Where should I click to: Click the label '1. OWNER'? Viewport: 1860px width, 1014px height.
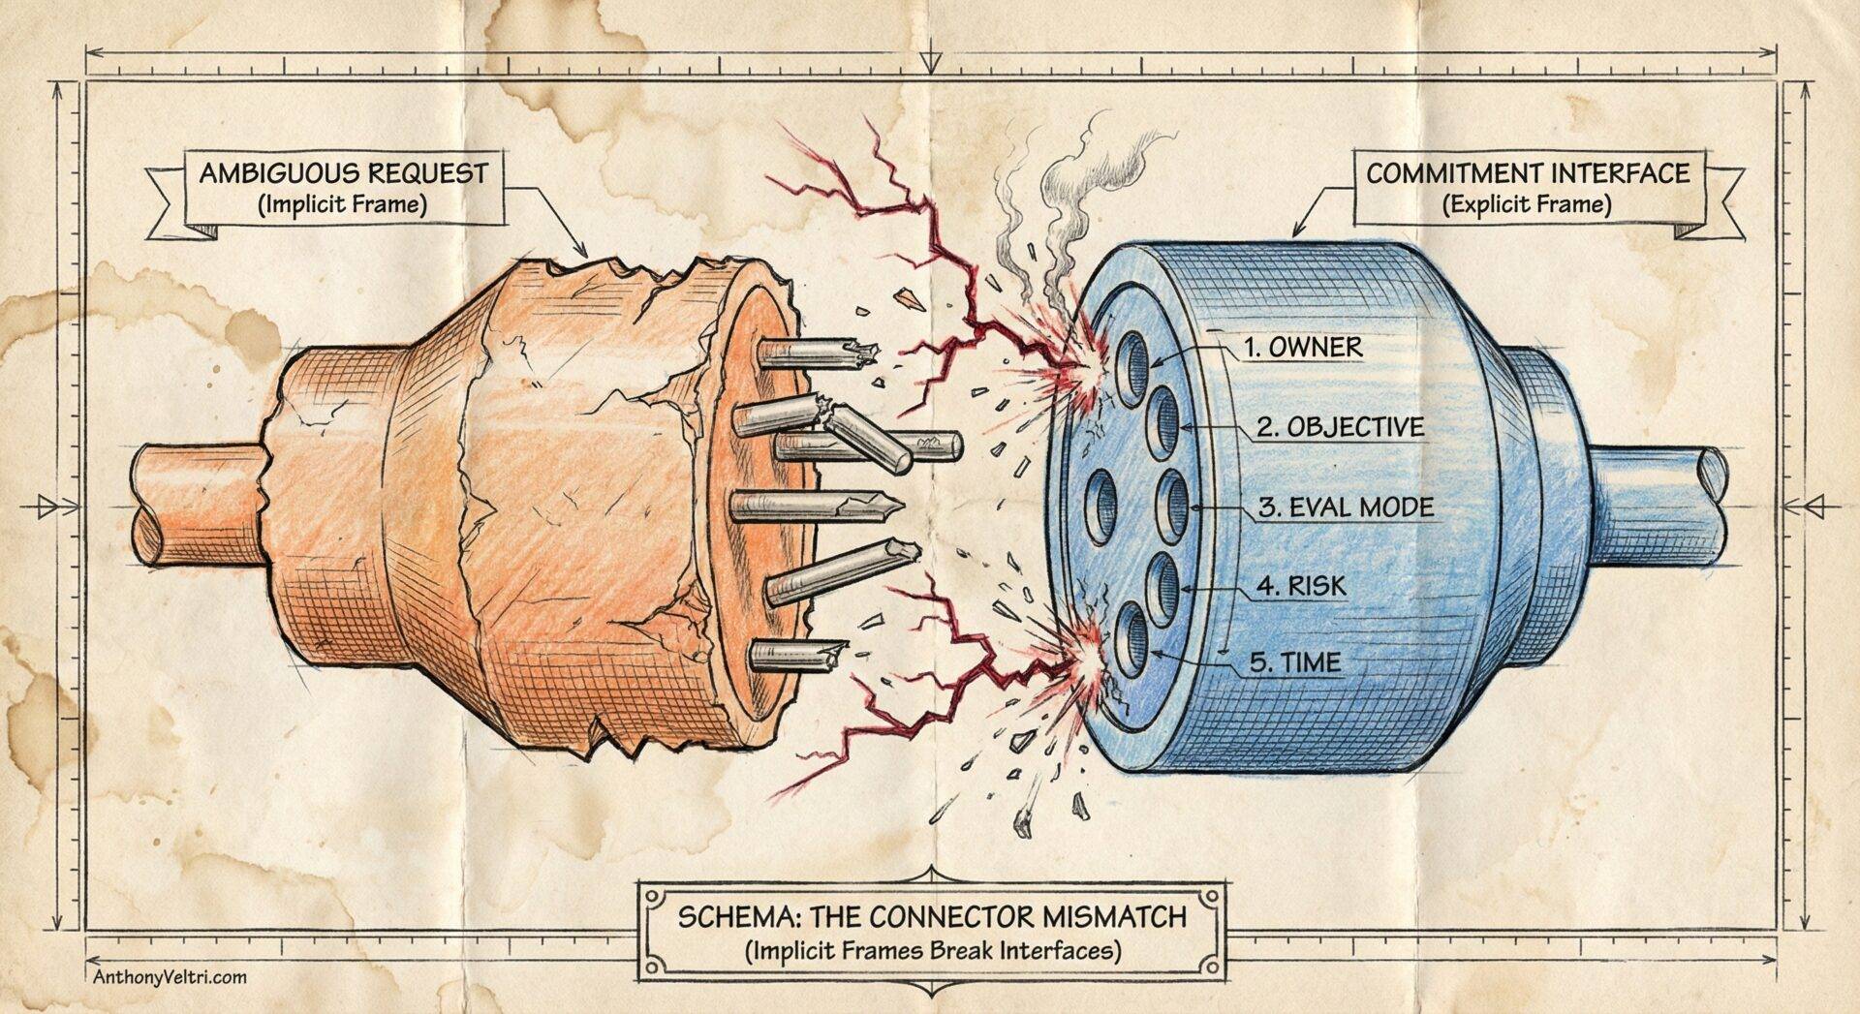coord(1303,348)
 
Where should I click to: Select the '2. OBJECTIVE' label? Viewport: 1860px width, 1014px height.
coord(1341,427)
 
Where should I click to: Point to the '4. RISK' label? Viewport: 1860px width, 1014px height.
coord(1301,586)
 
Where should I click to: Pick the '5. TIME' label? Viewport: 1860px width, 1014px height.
coord(1295,663)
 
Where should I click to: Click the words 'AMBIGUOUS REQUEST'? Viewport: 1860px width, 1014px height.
coord(343,174)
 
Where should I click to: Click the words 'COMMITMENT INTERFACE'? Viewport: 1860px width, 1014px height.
coord(1527,174)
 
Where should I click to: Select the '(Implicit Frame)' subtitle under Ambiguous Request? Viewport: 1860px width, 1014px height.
coord(343,205)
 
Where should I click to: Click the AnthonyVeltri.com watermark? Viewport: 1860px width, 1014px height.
coord(170,977)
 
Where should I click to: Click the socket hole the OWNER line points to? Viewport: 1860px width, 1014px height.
coord(1132,366)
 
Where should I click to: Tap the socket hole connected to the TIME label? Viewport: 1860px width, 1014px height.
coord(1129,637)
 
